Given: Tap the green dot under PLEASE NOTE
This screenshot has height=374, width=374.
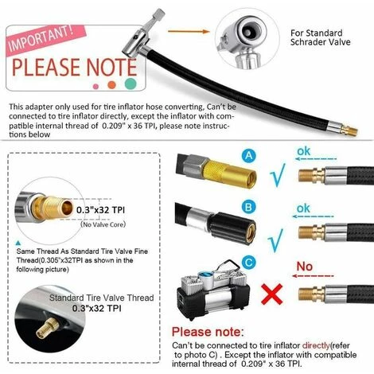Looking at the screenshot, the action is click(x=131, y=84).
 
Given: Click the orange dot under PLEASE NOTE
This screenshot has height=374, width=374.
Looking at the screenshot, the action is click(x=112, y=85).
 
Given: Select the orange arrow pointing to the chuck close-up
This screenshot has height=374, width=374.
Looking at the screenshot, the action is click(x=189, y=32).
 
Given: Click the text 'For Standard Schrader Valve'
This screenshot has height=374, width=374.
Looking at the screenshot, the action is click(x=320, y=37).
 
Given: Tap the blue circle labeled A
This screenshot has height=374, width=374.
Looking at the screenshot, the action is click(x=248, y=155).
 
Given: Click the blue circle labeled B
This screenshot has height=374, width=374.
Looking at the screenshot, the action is click(x=248, y=207).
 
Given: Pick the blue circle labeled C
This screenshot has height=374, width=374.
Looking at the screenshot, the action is click(x=248, y=263).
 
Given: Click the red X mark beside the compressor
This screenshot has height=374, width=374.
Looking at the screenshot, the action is click(x=271, y=294).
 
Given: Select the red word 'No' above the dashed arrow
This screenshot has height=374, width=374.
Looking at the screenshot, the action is click(x=305, y=267).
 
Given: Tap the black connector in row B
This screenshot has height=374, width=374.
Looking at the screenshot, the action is click(x=233, y=228).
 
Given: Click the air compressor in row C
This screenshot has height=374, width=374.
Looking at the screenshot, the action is click(x=213, y=290).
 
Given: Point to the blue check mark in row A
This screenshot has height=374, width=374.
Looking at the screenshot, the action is click(x=278, y=175).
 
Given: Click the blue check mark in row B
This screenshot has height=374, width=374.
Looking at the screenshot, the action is click(x=276, y=240).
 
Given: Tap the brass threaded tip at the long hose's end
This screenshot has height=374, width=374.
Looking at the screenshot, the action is click(x=349, y=131).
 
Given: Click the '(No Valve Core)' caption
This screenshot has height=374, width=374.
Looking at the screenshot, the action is click(x=103, y=224).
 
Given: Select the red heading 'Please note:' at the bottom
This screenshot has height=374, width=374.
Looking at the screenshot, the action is click(x=208, y=332).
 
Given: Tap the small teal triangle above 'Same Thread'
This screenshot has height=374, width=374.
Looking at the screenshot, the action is click(x=18, y=243).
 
